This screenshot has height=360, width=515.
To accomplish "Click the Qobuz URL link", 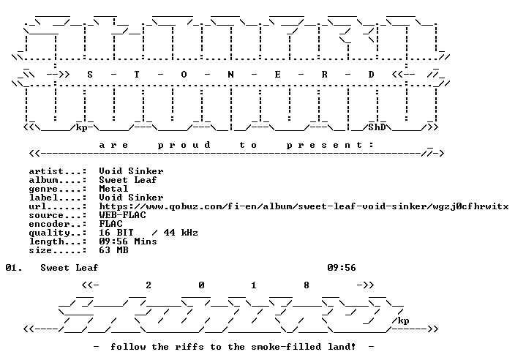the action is click(304, 206).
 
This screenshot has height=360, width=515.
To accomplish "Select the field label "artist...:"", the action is click(58, 171).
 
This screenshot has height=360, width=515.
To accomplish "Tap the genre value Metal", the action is click(113, 189).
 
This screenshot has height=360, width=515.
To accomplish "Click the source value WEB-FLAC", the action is click(122, 215).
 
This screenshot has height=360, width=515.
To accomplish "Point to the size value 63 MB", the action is click(113, 250).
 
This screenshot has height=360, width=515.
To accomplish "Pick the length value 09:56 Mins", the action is click(128, 241).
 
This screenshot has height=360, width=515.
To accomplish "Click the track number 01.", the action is click(14, 268).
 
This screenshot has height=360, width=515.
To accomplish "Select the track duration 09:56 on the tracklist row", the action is click(342, 268).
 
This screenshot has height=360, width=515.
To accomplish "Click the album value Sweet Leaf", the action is click(128, 180).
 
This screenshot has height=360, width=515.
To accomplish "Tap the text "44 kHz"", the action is click(181, 233).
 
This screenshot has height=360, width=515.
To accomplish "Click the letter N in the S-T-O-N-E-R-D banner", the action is click(230, 75).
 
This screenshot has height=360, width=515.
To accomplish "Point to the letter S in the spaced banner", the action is click(90, 75).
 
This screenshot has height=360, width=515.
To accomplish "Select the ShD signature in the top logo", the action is click(377, 127).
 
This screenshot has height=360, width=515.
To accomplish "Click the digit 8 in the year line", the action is click(307, 285).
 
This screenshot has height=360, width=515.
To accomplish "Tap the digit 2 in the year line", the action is click(149, 285).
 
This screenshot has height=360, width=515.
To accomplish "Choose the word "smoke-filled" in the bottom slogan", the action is click(286, 347).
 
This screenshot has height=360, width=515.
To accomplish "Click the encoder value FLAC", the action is click(110, 224).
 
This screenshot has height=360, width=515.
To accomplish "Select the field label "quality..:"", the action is click(58, 233).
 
